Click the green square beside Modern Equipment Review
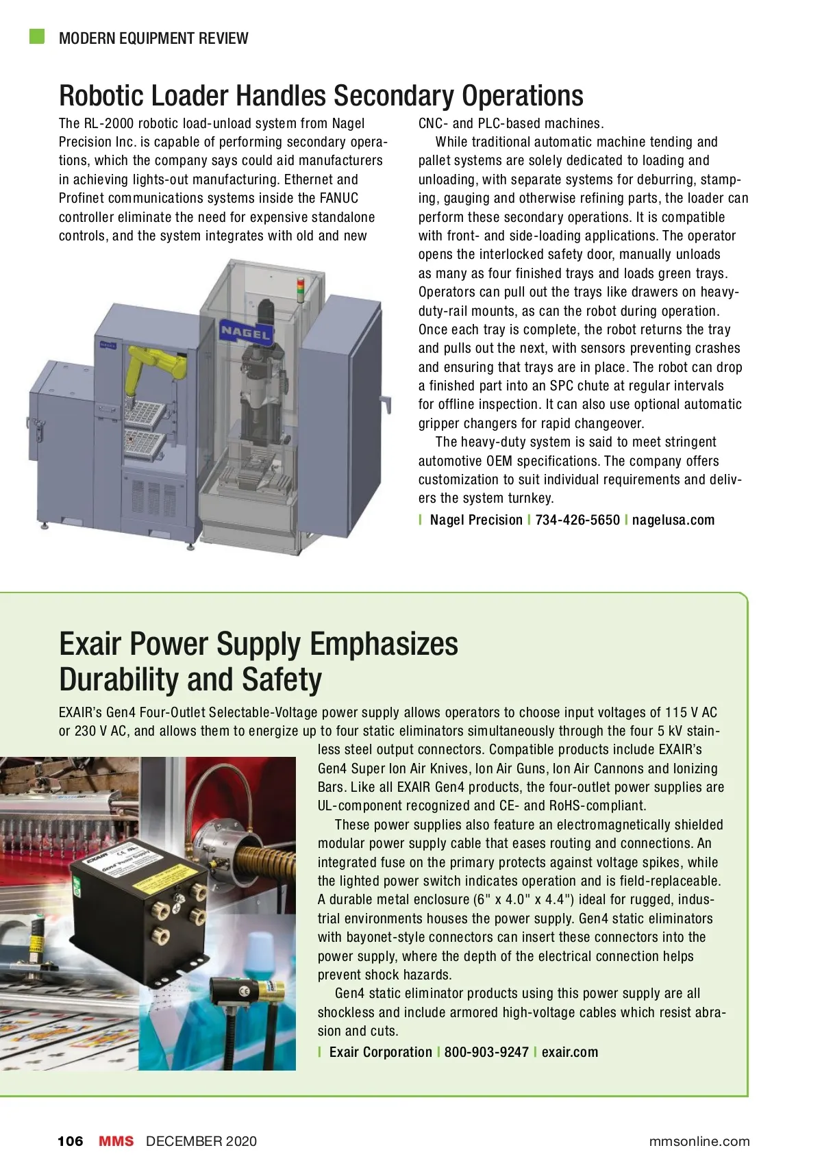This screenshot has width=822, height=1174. [37, 36]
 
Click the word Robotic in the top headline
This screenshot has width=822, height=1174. [101, 96]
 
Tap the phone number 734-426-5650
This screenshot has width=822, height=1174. [577, 520]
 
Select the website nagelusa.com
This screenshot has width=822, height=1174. [673, 520]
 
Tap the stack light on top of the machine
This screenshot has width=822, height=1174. [299, 289]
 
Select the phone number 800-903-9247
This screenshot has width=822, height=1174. [486, 1052]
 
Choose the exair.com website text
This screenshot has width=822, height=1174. [569, 1052]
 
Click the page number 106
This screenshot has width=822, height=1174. [70, 1141]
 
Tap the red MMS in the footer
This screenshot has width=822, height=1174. [116, 1141]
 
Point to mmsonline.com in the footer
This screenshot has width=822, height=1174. [699, 1141]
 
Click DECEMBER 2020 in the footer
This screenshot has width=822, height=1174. [201, 1141]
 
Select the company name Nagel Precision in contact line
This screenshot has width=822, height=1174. [476, 520]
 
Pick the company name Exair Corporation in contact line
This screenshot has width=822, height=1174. [380, 1052]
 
